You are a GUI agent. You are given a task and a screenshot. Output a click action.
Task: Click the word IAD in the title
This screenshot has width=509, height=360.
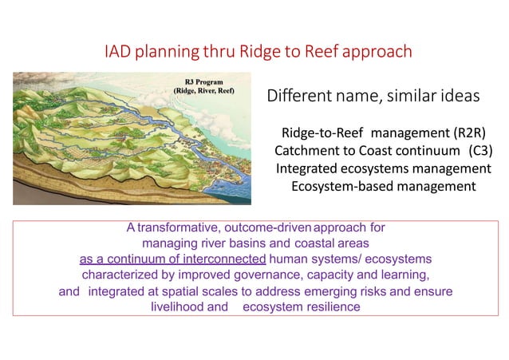pos(120,52)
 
